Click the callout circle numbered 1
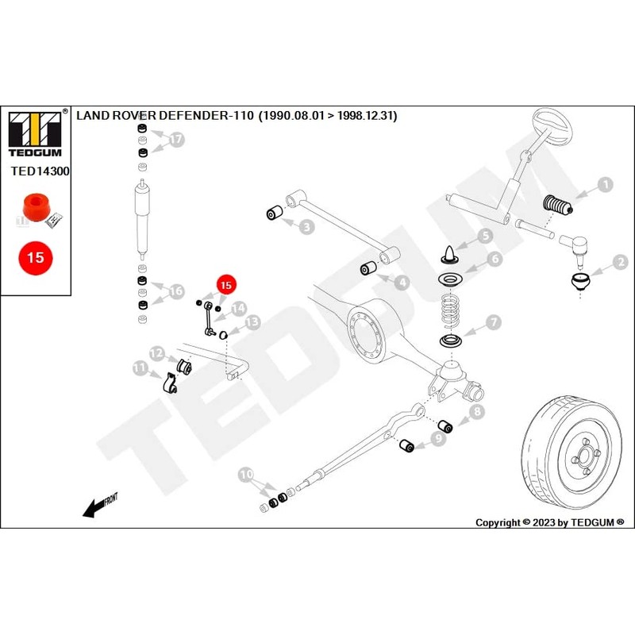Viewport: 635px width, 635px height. pyautogui.click(x=605, y=186)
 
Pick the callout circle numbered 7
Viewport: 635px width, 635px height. pyautogui.click(x=494, y=321)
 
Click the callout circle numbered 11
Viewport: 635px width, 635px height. pyautogui.click(x=140, y=368)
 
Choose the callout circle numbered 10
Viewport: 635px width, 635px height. pyautogui.click(x=246, y=475)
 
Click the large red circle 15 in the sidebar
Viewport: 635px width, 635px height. pyautogui.click(x=35, y=258)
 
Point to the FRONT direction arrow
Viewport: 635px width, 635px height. pyautogui.click(x=100, y=506)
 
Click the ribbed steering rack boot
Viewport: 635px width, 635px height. pyautogui.click(x=557, y=209)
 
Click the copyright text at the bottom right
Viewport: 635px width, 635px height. pyautogui.click(x=549, y=522)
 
